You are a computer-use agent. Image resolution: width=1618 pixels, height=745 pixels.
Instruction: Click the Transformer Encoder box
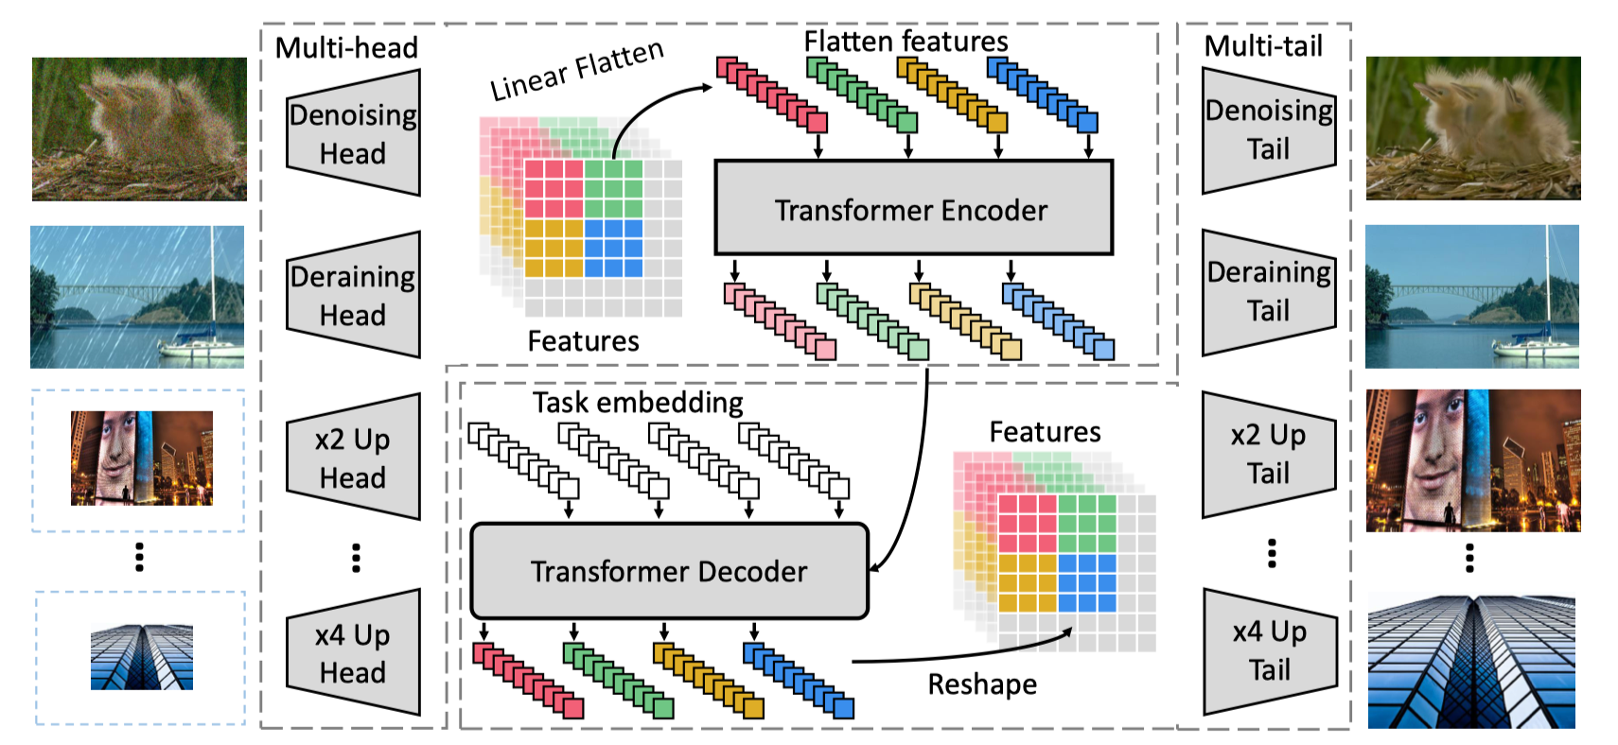[x=913, y=207]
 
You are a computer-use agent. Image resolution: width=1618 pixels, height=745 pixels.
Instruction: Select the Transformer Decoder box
[x=669, y=571]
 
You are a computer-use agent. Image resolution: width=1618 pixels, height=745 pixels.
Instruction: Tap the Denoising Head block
[x=353, y=132]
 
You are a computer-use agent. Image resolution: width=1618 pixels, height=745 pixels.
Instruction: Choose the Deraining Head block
[x=353, y=295]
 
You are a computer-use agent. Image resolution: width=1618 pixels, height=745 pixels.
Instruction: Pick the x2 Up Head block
[x=353, y=457]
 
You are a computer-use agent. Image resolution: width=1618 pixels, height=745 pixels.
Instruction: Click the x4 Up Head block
[x=353, y=652]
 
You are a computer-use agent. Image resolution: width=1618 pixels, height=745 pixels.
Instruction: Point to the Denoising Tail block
[x=1269, y=130]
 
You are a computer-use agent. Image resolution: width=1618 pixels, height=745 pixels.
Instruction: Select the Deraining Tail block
[x=1269, y=292]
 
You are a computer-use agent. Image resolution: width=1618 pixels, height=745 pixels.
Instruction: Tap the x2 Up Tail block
[x=1269, y=455]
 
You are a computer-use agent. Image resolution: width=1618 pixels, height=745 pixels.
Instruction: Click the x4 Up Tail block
[x=1269, y=651]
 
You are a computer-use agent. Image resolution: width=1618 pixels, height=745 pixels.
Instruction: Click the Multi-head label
[x=346, y=47]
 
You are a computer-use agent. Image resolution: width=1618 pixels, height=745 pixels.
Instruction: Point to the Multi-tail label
[x=1263, y=46]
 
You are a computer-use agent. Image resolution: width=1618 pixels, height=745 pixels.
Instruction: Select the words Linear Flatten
[x=576, y=70]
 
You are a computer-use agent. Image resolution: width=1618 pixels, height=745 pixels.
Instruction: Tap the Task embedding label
[x=638, y=403]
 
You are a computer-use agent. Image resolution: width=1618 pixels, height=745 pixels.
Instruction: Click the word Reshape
[x=982, y=684]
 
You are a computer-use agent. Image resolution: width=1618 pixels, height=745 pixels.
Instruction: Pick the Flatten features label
[x=906, y=42]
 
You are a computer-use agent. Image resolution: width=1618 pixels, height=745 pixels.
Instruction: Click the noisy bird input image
[x=139, y=130]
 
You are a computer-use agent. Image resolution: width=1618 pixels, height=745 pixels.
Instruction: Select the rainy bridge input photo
[x=137, y=297]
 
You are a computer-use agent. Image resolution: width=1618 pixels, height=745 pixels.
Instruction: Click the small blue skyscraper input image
[x=142, y=657]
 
